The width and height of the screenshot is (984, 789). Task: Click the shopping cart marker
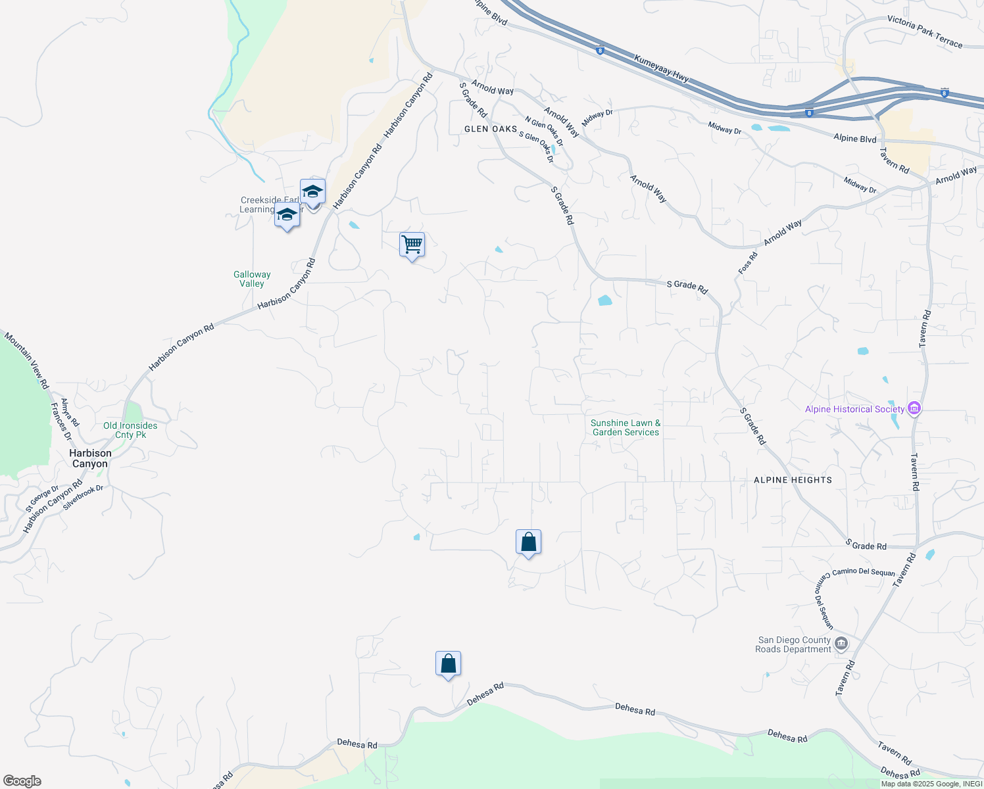(412, 245)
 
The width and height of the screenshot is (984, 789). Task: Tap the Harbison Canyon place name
(90, 458)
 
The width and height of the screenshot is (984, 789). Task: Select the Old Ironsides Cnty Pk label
(130, 430)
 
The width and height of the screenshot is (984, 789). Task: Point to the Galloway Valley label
(252, 279)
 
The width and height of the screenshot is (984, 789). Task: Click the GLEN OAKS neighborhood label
(491, 129)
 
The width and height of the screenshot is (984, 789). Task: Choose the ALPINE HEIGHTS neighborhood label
(793, 480)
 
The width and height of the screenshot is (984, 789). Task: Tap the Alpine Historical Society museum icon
(914, 409)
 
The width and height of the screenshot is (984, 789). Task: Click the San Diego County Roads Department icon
(841, 644)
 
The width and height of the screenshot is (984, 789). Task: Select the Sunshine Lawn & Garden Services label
(626, 427)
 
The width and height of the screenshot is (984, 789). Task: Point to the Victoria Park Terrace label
(925, 32)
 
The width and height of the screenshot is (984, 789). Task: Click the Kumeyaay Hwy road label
(662, 68)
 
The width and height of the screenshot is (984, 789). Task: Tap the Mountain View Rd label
(27, 360)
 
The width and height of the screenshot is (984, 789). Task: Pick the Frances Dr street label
(61, 421)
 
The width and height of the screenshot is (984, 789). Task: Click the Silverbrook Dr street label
(84, 498)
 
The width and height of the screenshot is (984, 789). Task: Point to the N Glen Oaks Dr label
(544, 131)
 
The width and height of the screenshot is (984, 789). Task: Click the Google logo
(22, 781)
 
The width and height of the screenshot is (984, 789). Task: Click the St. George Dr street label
(42, 499)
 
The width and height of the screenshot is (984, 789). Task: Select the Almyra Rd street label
(70, 412)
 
